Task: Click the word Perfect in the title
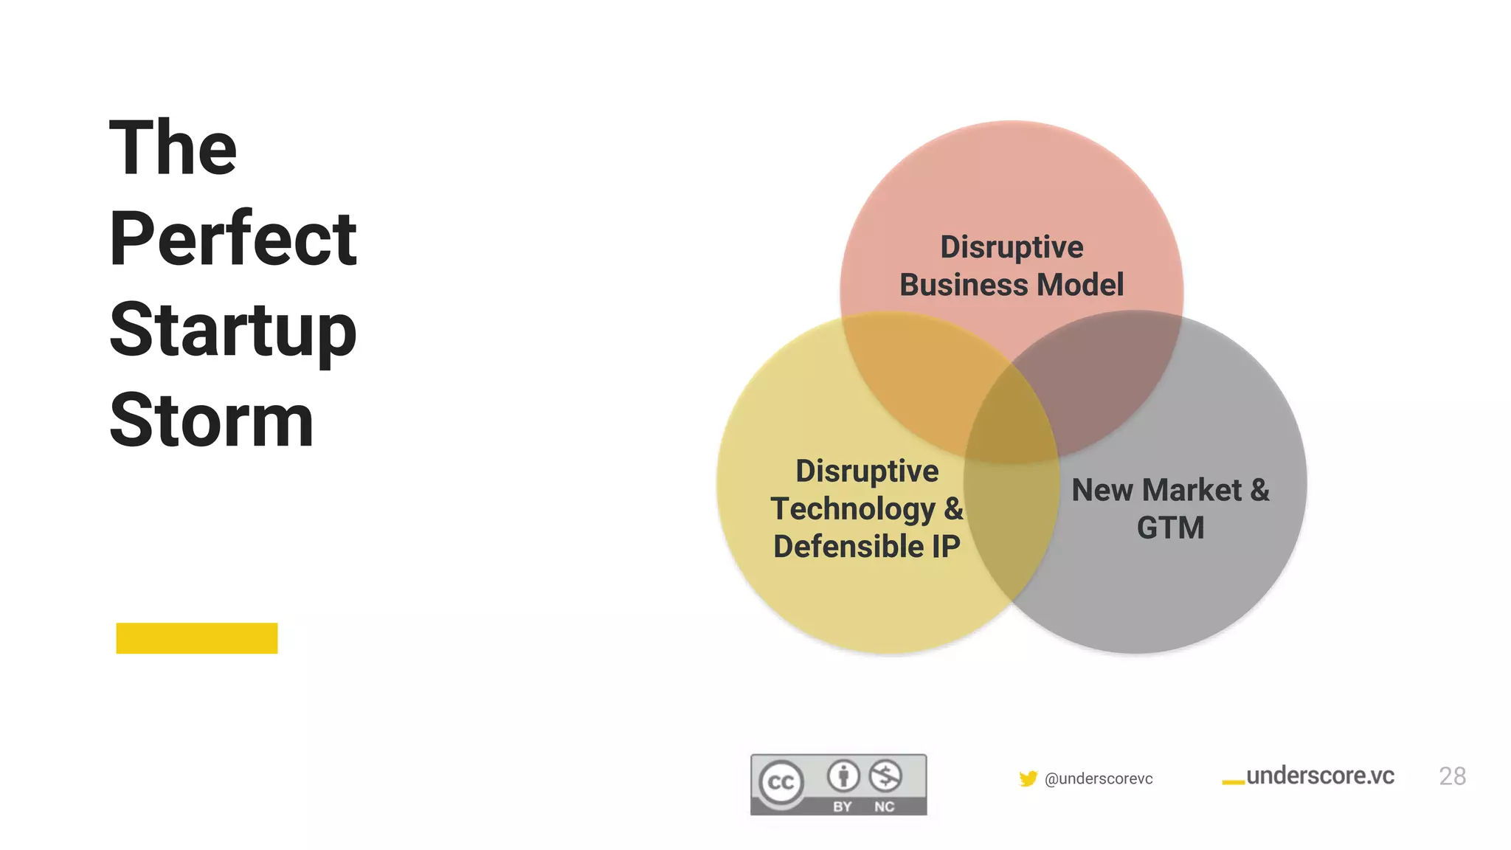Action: coord(232,239)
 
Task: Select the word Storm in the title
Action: coord(212,421)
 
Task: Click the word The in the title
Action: coord(173,148)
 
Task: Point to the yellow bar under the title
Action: coord(196,638)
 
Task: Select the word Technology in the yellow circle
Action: coord(852,509)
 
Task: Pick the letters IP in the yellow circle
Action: coord(945,547)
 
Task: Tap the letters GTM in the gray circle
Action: coord(1170,528)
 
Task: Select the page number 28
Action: coord(1452,776)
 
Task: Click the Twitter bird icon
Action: coord(1028,778)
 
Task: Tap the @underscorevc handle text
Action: coord(1099,779)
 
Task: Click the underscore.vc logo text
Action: coord(1320,775)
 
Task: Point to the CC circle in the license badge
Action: coord(781,782)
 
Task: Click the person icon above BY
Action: coord(843,775)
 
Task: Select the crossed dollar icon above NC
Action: coord(885,775)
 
